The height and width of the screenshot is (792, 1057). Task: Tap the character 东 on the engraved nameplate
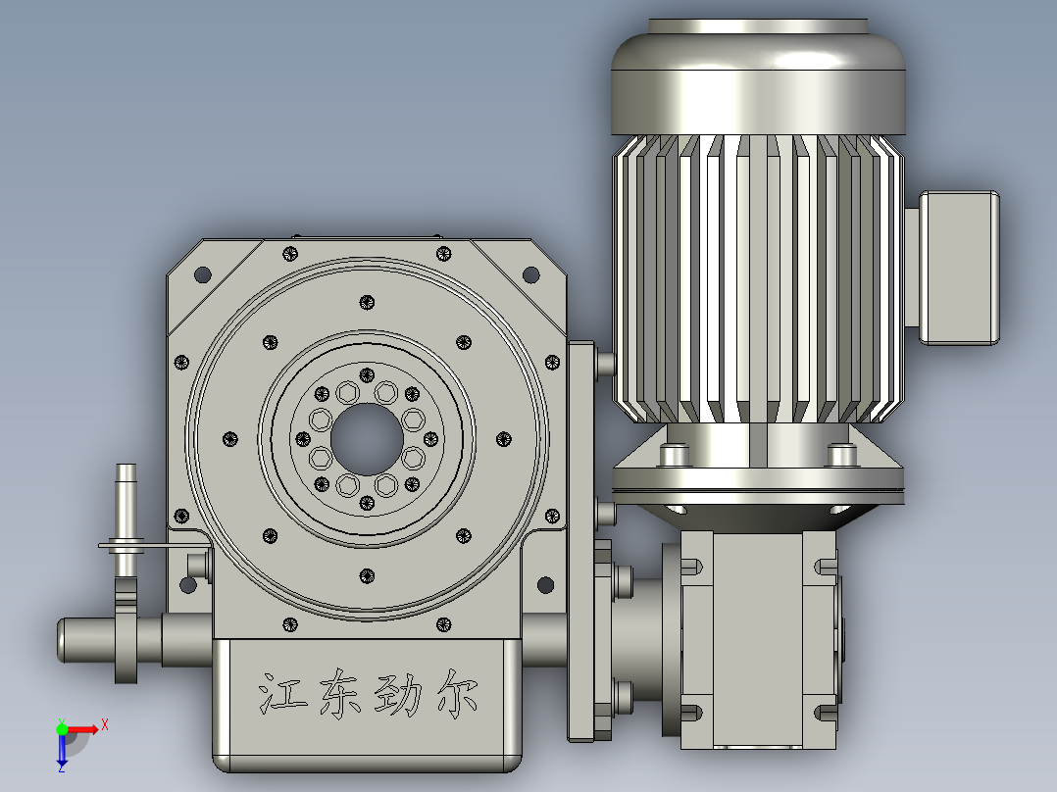(337, 693)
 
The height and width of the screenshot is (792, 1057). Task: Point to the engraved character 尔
(457, 693)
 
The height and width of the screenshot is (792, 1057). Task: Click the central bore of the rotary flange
(367, 442)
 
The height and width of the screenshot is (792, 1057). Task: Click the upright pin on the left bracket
(126, 500)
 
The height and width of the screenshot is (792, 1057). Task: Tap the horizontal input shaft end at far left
(83, 639)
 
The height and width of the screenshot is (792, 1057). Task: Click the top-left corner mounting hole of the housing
(203, 274)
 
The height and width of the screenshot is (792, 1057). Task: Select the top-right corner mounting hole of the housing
(530, 274)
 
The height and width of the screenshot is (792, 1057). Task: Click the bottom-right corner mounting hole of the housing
(544, 586)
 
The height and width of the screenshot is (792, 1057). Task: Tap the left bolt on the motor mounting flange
(673, 455)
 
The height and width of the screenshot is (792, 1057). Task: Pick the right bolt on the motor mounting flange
(840, 455)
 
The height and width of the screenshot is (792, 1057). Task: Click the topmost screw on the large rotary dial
(367, 302)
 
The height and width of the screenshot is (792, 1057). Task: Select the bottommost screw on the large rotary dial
(367, 575)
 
